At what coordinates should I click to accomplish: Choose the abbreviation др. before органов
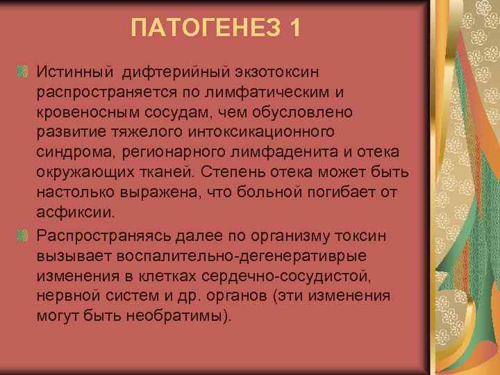pos(194,295)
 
